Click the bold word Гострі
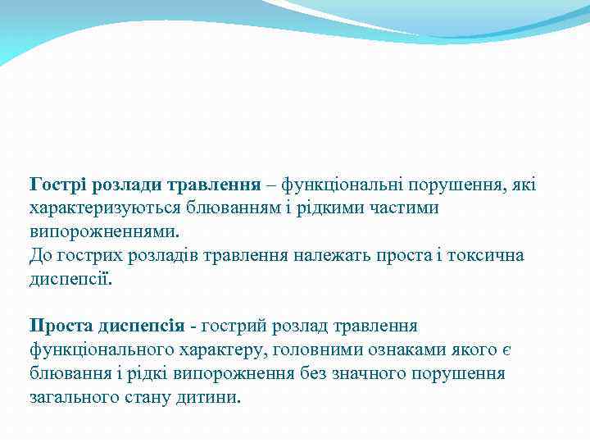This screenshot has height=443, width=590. [57, 183]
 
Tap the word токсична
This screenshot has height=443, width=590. [482, 255]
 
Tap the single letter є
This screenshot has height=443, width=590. [506, 350]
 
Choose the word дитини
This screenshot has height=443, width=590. [214, 398]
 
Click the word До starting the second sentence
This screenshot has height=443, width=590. [40, 255]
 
